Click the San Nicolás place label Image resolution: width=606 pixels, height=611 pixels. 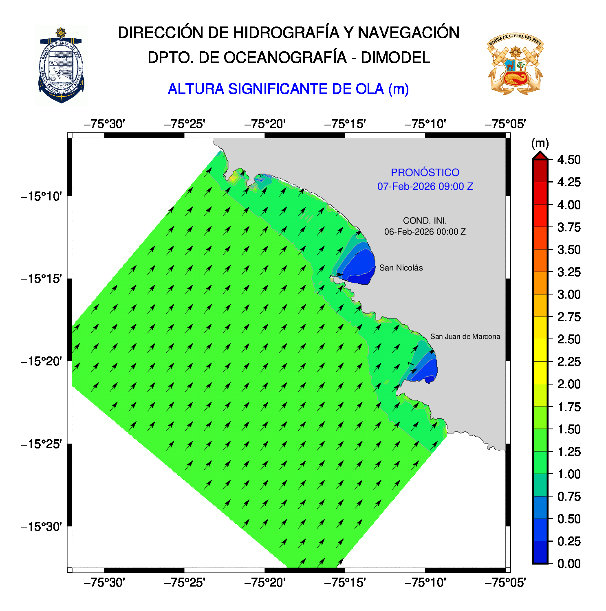pyautogui.click(x=401, y=268)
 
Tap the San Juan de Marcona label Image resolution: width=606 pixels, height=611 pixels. pyautogui.click(x=465, y=336)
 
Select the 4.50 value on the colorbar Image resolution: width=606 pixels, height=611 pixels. pyautogui.click(x=569, y=160)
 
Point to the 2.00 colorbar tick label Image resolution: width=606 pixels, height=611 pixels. pyautogui.click(x=569, y=384)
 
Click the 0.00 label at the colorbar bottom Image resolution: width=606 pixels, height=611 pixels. pyautogui.click(x=569, y=564)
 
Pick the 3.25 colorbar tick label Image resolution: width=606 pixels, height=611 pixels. pyautogui.click(x=569, y=272)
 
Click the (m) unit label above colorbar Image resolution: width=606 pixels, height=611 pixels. pyautogui.click(x=540, y=143)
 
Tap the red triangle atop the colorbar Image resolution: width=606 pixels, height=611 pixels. pyautogui.click(x=540, y=156)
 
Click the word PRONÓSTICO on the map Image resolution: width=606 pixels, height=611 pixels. pyautogui.click(x=425, y=172)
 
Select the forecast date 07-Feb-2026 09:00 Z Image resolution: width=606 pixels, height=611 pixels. pyautogui.click(x=425, y=187)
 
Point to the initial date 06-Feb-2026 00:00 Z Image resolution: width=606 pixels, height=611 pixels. pyautogui.click(x=425, y=232)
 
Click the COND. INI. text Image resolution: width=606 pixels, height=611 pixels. pyautogui.click(x=425, y=221)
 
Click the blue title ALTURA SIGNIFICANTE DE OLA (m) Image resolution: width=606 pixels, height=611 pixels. pyautogui.click(x=288, y=89)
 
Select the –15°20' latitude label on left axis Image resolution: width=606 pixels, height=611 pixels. pyautogui.click(x=41, y=361)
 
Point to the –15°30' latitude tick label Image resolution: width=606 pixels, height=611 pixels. pyautogui.click(x=41, y=527)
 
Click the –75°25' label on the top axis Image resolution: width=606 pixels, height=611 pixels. pyautogui.click(x=184, y=124)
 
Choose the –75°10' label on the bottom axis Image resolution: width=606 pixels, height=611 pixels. pyautogui.click(x=425, y=583)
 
